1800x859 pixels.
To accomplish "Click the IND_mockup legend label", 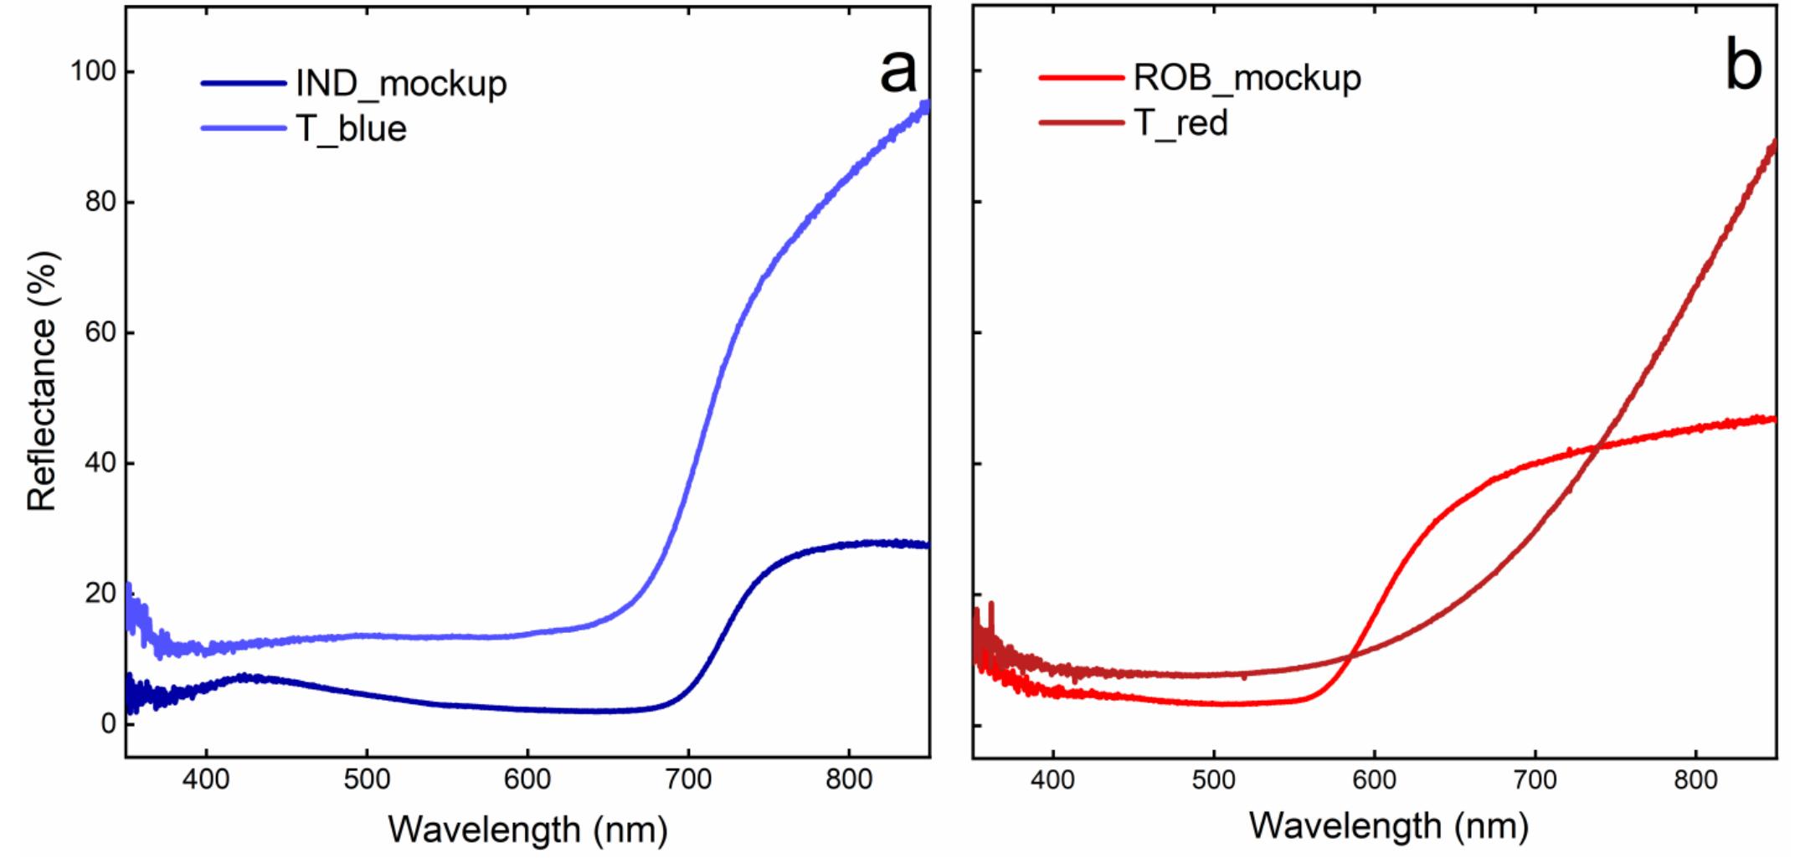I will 401,84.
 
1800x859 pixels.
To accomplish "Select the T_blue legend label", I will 352,129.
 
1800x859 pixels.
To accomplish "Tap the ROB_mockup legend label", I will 1247,78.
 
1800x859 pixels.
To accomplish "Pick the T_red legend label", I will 1180,123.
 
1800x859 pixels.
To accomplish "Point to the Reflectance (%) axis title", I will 42,381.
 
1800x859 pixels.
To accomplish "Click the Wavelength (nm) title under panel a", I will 527,829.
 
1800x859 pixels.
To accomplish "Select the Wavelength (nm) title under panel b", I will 1389,826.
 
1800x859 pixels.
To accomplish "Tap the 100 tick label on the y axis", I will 92,72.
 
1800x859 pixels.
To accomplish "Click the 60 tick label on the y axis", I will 100,333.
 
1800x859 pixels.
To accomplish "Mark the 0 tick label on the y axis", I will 108,723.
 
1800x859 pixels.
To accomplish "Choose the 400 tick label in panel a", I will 206,780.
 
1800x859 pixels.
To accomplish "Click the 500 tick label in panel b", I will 1213,780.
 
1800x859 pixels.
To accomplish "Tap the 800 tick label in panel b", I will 1695,780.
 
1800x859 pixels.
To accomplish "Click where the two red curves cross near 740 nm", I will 1598,448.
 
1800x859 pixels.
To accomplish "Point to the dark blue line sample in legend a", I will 243,83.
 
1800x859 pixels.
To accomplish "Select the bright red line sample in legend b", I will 1080,78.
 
